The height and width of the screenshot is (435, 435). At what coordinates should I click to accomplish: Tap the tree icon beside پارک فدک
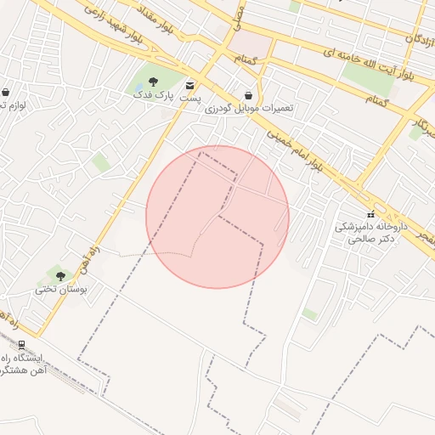pos(154,82)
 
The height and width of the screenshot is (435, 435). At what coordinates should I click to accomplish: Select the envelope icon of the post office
pos(189,85)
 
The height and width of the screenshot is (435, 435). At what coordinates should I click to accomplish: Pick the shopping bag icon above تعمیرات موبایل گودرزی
pos(248,95)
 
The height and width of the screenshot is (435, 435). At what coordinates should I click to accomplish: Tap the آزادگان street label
pos(421,37)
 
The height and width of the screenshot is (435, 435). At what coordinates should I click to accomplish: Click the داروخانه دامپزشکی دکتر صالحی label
pos(370,234)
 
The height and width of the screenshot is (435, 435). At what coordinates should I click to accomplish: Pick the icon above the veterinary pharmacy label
pos(370,212)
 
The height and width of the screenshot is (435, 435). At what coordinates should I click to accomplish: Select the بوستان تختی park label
pos(60,289)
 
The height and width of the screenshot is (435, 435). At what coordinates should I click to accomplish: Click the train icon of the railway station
pos(21,344)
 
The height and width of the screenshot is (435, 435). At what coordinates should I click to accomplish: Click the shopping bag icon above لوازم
pos(6,92)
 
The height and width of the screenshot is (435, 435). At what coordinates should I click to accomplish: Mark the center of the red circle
pos(217,217)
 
